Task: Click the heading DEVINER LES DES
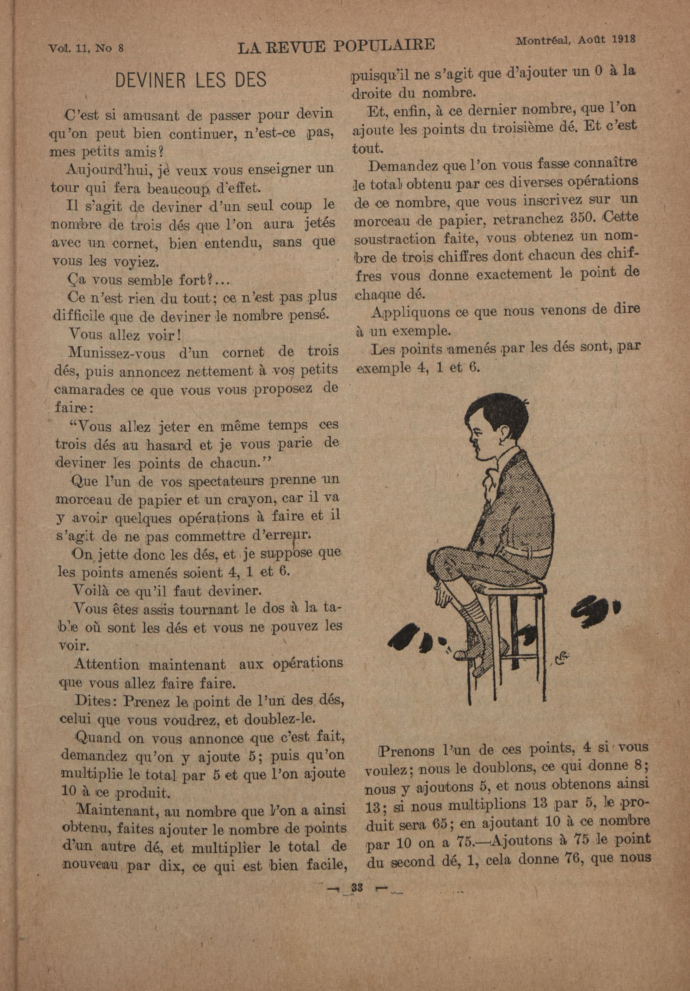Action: click(x=191, y=80)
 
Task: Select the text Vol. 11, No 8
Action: click(x=86, y=48)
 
